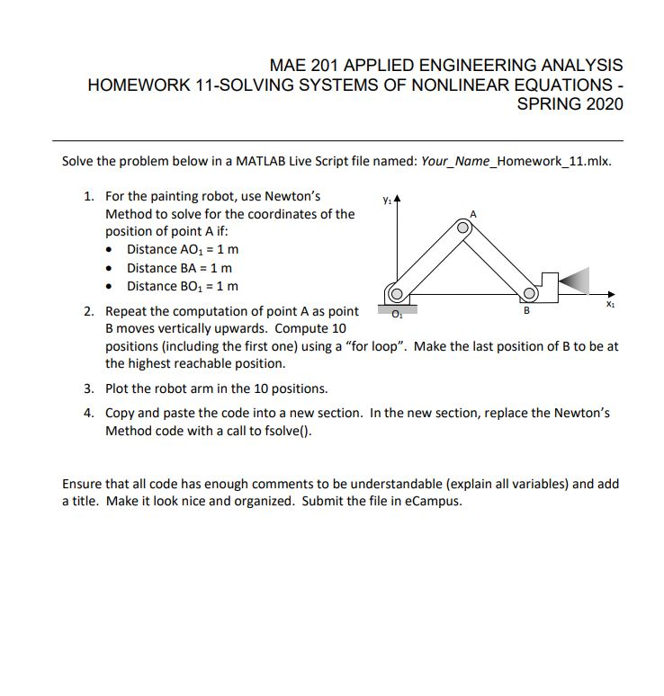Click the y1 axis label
click(386, 200)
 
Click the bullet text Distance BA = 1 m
click(179, 268)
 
